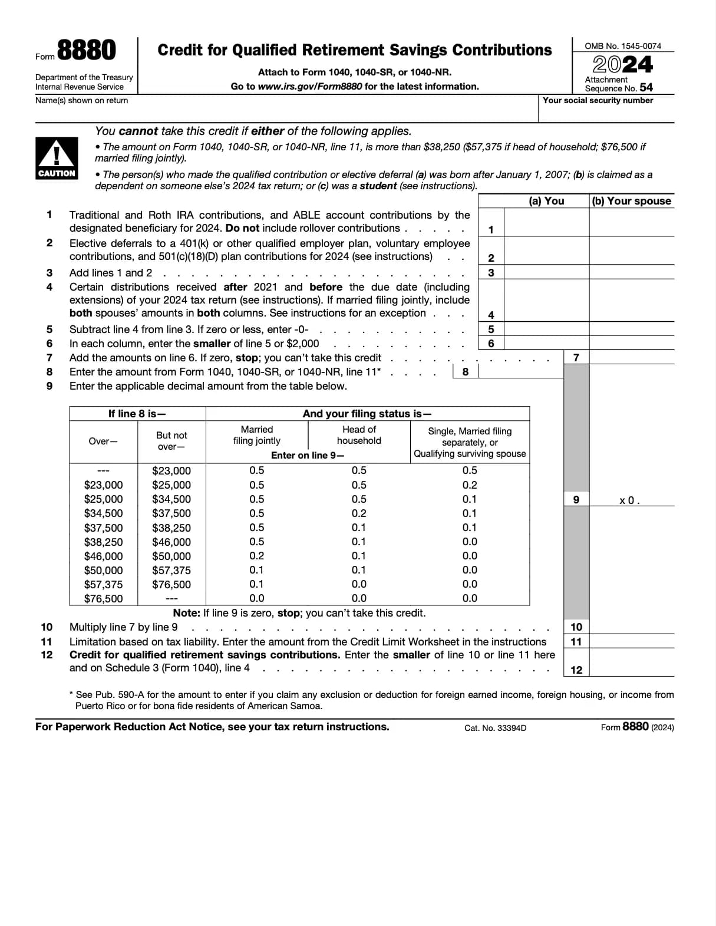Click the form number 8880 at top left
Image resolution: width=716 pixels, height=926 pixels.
click(x=86, y=51)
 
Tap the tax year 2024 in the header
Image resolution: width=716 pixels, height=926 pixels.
click(x=622, y=64)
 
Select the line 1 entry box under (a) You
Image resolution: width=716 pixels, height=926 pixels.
click(x=546, y=223)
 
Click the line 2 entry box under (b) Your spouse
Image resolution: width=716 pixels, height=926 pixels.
click(x=632, y=251)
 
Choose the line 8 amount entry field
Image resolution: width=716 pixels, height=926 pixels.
click(x=520, y=371)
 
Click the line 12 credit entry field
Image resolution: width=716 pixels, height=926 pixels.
click(x=632, y=663)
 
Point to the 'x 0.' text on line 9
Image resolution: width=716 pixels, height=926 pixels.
click(x=629, y=500)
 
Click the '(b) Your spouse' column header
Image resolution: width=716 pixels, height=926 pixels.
click(x=632, y=201)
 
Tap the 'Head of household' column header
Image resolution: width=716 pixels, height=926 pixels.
click(x=359, y=435)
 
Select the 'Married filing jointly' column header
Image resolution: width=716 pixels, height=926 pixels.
click(x=257, y=435)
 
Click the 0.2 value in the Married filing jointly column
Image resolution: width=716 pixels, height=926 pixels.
click(x=257, y=556)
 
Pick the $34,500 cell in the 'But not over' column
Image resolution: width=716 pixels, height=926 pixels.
click(x=171, y=499)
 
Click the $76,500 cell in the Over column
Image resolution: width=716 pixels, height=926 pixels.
click(x=104, y=599)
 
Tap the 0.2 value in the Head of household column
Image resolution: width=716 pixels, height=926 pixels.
click(x=359, y=513)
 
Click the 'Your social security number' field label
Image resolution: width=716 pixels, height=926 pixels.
click(x=598, y=101)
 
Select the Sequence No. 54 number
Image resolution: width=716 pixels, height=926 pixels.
click(x=646, y=87)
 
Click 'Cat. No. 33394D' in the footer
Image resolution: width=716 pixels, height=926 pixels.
click(x=495, y=728)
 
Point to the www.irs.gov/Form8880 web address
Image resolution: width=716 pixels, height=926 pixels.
click(x=310, y=87)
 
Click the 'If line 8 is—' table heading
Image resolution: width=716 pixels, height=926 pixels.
click(x=137, y=414)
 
